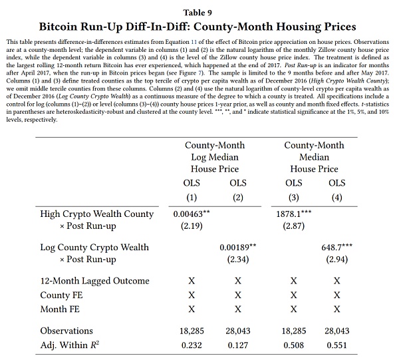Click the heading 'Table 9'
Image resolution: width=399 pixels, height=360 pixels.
[199, 11]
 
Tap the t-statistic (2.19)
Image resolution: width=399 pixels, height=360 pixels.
[192, 226]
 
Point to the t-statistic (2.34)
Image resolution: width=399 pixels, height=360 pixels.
[237, 259]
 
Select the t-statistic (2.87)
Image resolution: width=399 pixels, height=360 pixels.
[293, 226]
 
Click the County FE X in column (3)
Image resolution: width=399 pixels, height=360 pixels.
[293, 295]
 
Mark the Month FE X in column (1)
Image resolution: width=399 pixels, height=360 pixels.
[192, 309]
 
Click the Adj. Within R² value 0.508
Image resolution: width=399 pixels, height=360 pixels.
[293, 345]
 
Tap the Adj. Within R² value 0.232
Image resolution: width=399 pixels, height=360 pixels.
[192, 345]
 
